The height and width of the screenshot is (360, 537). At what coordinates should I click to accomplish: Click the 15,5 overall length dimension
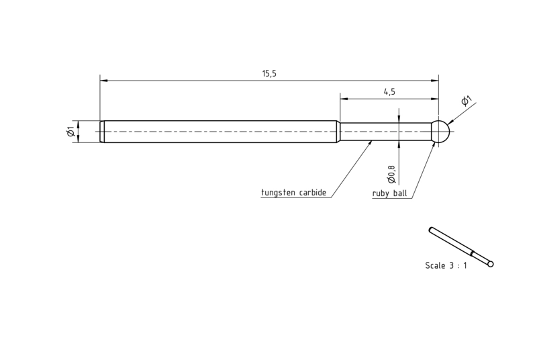269,74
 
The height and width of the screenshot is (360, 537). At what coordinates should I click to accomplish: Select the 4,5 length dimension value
389,92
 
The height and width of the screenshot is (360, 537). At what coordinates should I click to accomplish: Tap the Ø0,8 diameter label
391,174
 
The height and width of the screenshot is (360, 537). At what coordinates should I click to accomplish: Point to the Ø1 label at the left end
71,132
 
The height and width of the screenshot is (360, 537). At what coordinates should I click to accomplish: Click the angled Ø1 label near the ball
467,101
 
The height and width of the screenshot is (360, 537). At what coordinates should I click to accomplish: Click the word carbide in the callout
313,193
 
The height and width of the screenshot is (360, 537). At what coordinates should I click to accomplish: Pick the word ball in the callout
400,193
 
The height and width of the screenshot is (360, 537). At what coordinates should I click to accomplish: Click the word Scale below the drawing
434,265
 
